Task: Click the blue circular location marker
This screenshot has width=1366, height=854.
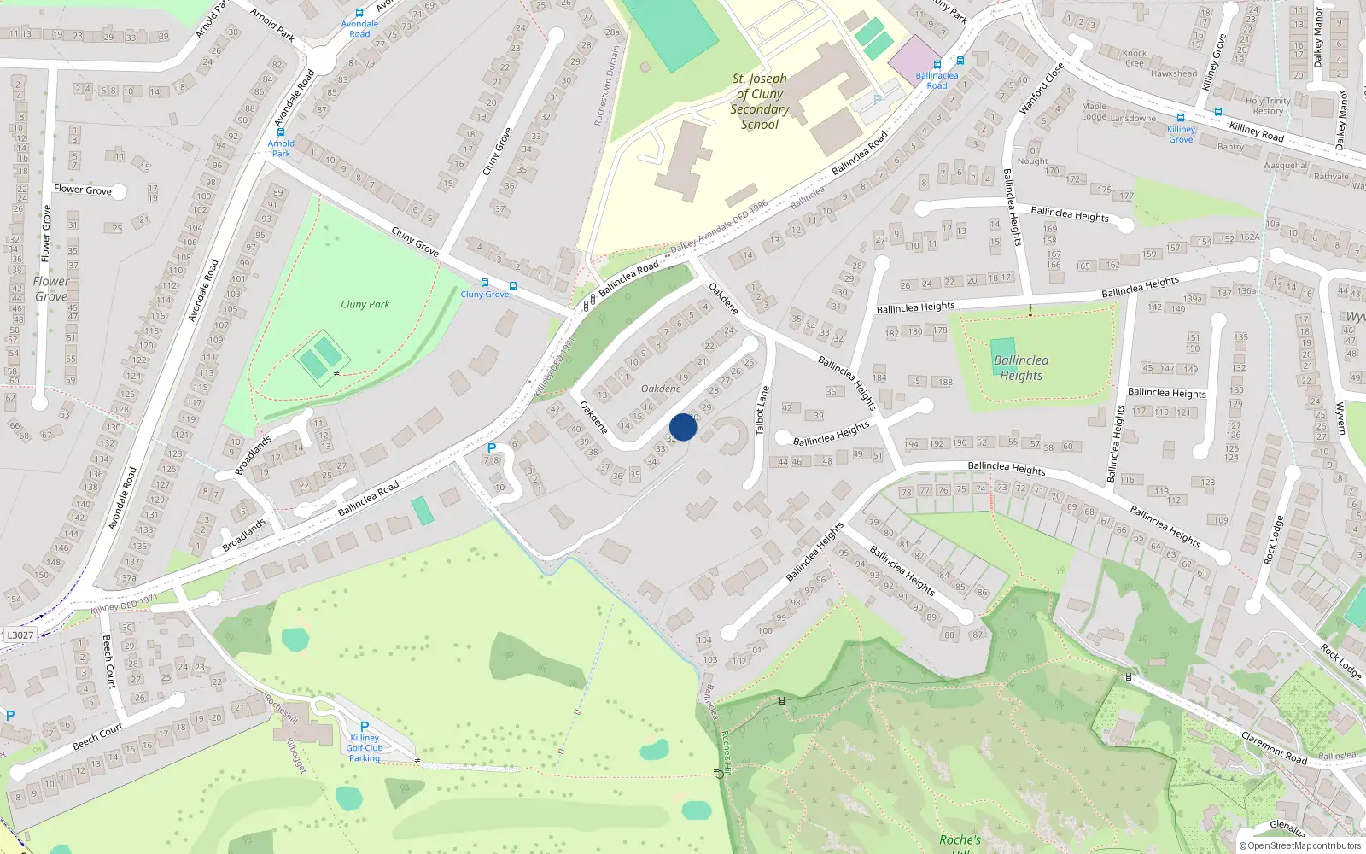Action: pyautogui.click(x=683, y=427)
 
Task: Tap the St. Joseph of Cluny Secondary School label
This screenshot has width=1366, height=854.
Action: pyautogui.click(x=759, y=101)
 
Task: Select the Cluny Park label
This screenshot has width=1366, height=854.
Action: pyautogui.click(x=365, y=304)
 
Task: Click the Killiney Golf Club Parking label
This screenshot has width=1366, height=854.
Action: pyautogui.click(x=365, y=747)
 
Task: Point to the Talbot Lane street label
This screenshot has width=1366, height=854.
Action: pyautogui.click(x=762, y=411)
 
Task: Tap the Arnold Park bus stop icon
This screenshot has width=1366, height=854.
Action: pyautogui.click(x=281, y=132)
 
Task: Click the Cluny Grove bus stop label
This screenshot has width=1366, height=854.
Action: pyautogui.click(x=484, y=295)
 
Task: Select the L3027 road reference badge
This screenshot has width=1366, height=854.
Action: pyautogui.click(x=20, y=635)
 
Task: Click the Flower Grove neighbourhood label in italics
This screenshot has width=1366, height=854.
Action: pyautogui.click(x=51, y=289)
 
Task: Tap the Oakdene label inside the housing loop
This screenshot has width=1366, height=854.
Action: pyautogui.click(x=661, y=389)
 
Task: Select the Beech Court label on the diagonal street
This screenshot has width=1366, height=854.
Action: pyautogui.click(x=97, y=737)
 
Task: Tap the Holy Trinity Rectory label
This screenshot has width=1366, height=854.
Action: pyautogui.click(x=1268, y=106)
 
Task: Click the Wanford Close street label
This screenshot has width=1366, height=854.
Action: pyautogui.click(x=1042, y=88)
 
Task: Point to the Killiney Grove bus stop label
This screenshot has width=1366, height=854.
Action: pyautogui.click(x=1181, y=134)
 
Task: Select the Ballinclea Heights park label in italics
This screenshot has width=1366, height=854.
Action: pyautogui.click(x=1021, y=368)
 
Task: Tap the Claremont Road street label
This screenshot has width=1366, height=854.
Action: pyautogui.click(x=1274, y=747)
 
